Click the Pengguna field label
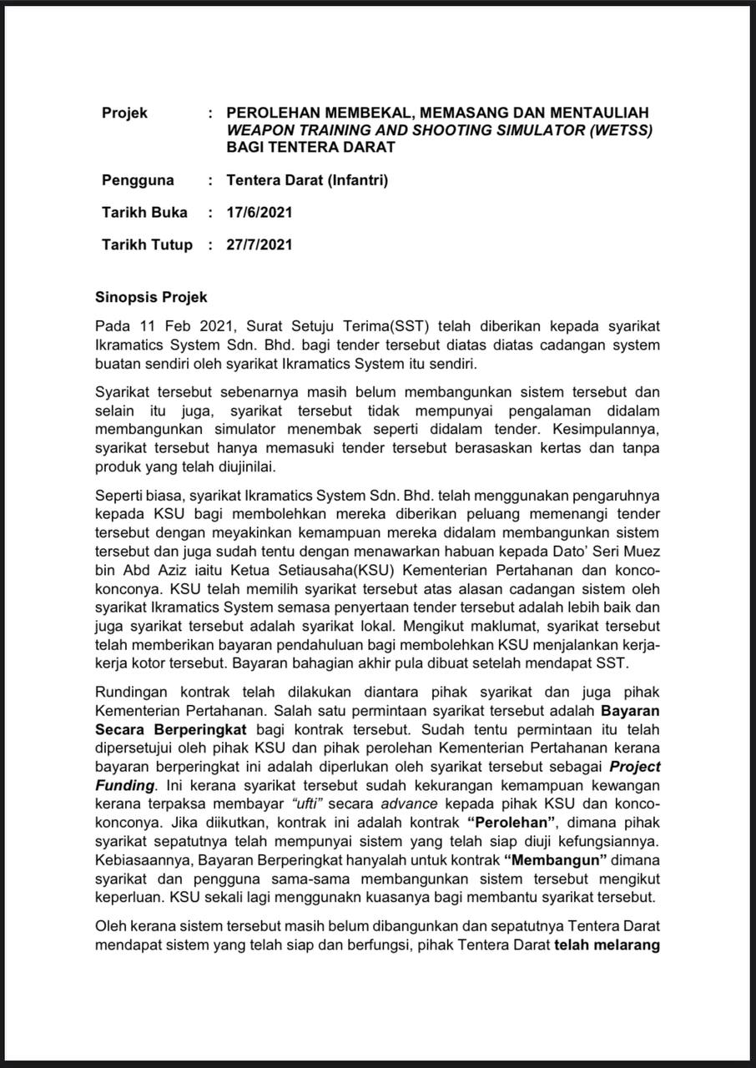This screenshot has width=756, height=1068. [138, 179]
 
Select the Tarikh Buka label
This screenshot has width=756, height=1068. [144, 212]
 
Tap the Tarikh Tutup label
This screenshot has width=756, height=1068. [147, 244]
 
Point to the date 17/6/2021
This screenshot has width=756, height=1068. [260, 212]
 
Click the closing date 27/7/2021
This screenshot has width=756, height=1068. [260, 244]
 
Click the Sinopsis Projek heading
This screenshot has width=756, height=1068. [151, 297]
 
